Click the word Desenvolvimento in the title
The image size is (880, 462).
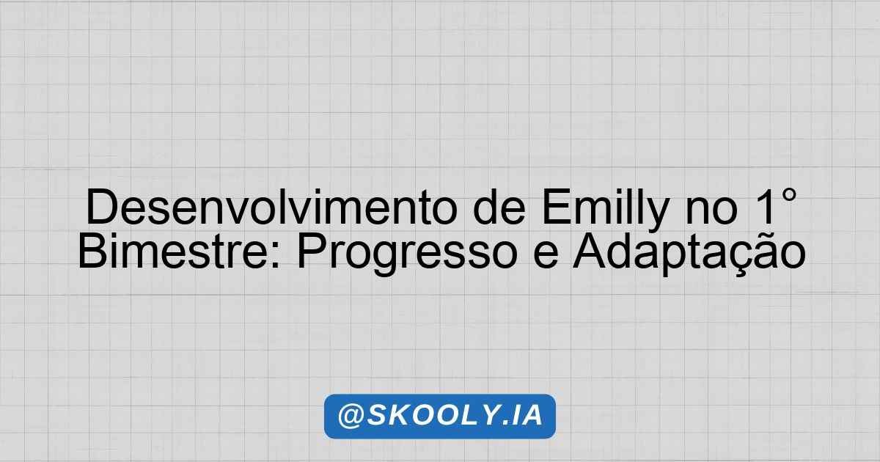pyautogui.click(x=272, y=207)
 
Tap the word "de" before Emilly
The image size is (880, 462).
pyautogui.click(x=499, y=207)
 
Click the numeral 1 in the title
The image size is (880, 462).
pyautogui.click(x=761, y=207)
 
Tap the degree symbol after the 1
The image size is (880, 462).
pyautogui.click(x=788, y=195)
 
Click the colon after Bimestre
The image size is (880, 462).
pyautogui.click(x=276, y=255)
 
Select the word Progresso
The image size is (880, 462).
pyautogui.click(x=407, y=254)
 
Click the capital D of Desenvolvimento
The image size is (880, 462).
pyautogui.click(x=101, y=207)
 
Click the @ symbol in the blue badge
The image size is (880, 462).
pyautogui.click(x=351, y=416)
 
